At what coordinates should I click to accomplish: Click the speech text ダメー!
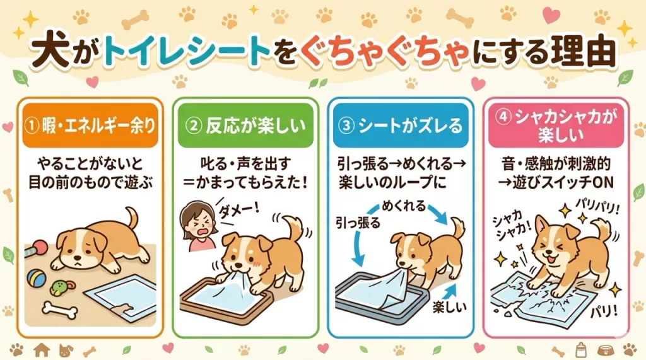(239, 210)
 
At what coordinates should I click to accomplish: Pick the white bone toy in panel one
(60, 310)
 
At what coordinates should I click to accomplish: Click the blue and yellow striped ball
(36, 279)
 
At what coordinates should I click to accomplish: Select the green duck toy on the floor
(62, 287)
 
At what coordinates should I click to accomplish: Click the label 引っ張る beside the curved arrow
(358, 223)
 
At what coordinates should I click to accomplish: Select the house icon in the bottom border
(42, 350)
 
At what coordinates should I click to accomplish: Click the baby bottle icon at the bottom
(580, 350)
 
